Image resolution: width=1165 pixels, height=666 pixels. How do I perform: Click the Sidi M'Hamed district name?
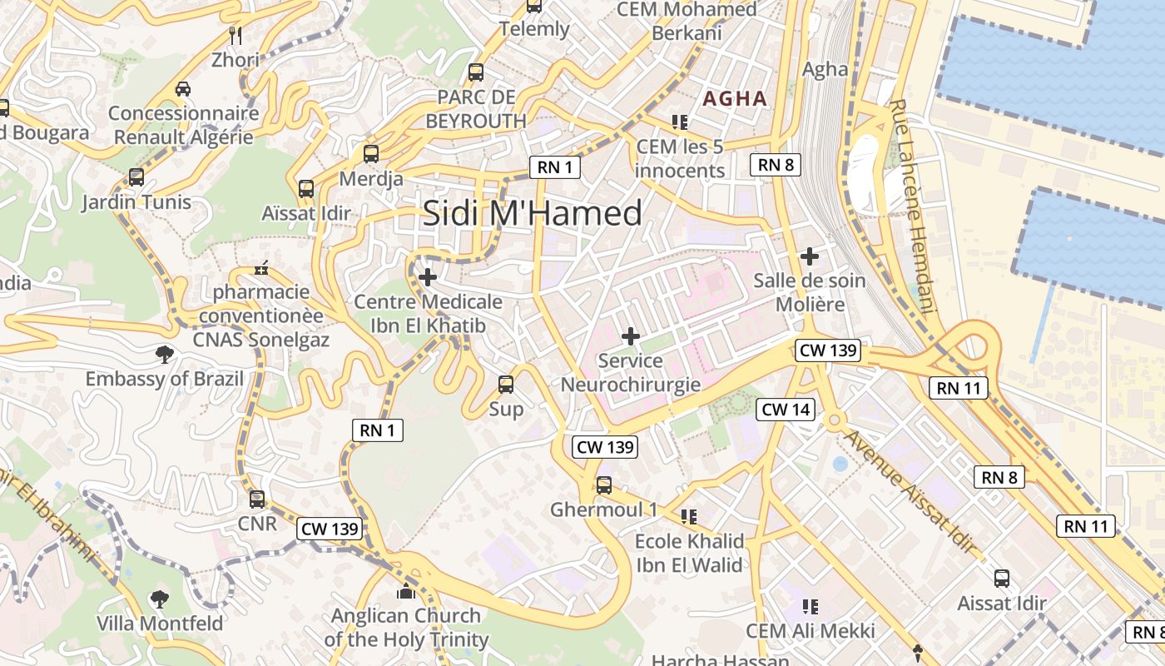click(x=533, y=213)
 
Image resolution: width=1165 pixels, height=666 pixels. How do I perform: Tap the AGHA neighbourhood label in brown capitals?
click(x=735, y=98)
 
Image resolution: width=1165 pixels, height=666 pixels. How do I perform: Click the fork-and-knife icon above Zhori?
click(x=235, y=35)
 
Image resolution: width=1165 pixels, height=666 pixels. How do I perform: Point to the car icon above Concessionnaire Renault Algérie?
click(x=183, y=88)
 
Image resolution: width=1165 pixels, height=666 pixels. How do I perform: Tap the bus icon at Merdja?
click(x=371, y=154)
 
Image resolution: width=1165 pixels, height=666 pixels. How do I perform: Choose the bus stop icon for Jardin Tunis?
click(x=136, y=177)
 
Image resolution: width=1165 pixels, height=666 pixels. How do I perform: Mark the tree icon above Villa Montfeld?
click(x=159, y=599)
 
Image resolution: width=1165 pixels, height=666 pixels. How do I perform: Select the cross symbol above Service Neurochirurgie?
click(x=631, y=336)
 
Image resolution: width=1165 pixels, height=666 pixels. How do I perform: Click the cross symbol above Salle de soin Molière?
click(x=809, y=256)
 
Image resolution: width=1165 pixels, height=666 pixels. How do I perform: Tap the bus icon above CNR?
click(x=257, y=499)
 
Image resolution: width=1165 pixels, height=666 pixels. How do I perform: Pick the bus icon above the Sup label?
click(x=506, y=385)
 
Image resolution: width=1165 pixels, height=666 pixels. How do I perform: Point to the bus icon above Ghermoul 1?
click(x=604, y=485)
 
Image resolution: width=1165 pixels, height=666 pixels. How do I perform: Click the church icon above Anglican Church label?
click(x=406, y=592)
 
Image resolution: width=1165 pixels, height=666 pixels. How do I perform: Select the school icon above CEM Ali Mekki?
click(x=811, y=607)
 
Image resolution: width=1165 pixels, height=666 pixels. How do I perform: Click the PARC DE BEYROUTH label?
click(x=476, y=109)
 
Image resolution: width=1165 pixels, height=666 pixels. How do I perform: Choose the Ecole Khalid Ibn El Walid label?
click(x=689, y=553)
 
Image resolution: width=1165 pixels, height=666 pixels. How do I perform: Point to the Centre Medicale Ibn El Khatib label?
click(x=428, y=313)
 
